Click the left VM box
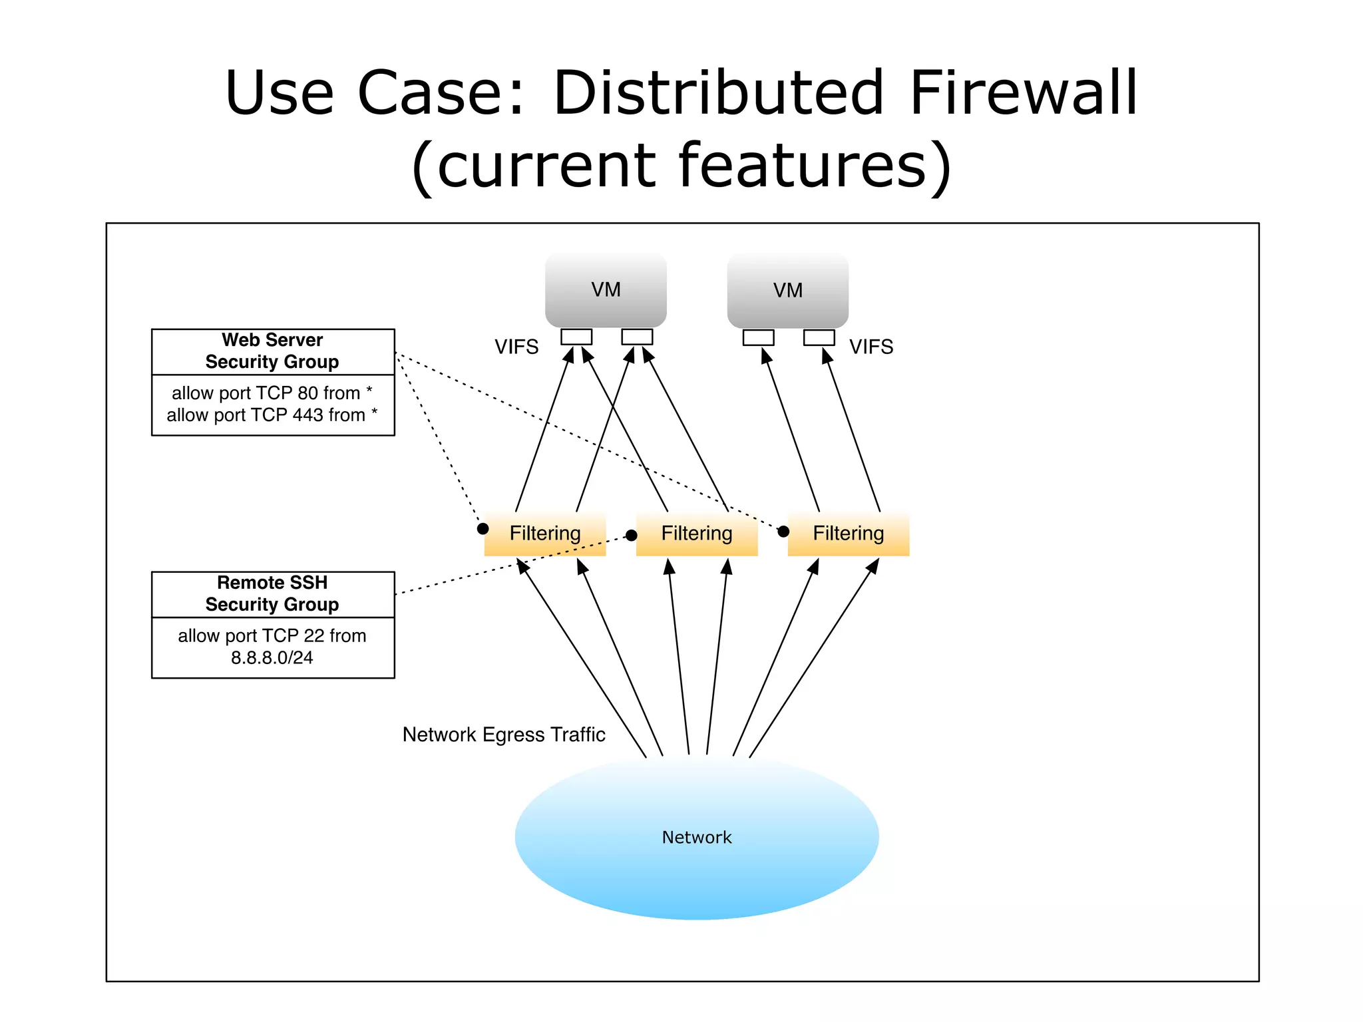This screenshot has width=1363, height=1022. click(x=606, y=289)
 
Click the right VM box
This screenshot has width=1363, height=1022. click(x=787, y=290)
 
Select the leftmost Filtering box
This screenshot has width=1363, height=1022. click(x=545, y=534)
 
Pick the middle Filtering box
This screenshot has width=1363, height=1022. click(x=697, y=534)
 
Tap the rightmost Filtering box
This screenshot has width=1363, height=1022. click(x=849, y=534)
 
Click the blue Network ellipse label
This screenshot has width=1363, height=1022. click(x=696, y=837)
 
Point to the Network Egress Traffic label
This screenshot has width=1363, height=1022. click(x=504, y=735)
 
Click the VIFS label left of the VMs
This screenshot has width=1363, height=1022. click(x=516, y=347)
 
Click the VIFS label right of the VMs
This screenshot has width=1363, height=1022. click(x=871, y=347)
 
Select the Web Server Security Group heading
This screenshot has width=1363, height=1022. click(x=272, y=351)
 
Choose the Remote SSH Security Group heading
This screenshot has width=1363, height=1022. click(x=272, y=594)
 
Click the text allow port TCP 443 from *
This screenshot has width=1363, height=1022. click(x=272, y=415)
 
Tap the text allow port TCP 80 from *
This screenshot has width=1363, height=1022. click(x=272, y=393)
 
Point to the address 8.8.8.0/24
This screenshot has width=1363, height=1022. click(x=272, y=658)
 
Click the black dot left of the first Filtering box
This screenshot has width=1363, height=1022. click(x=483, y=529)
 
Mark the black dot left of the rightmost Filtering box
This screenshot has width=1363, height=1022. click(x=783, y=531)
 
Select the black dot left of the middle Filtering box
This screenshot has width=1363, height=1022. click(x=632, y=536)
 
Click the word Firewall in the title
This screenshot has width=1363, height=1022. click(x=1024, y=93)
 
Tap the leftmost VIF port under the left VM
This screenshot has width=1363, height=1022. click(x=576, y=337)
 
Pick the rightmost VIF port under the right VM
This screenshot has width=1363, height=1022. click(x=819, y=337)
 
